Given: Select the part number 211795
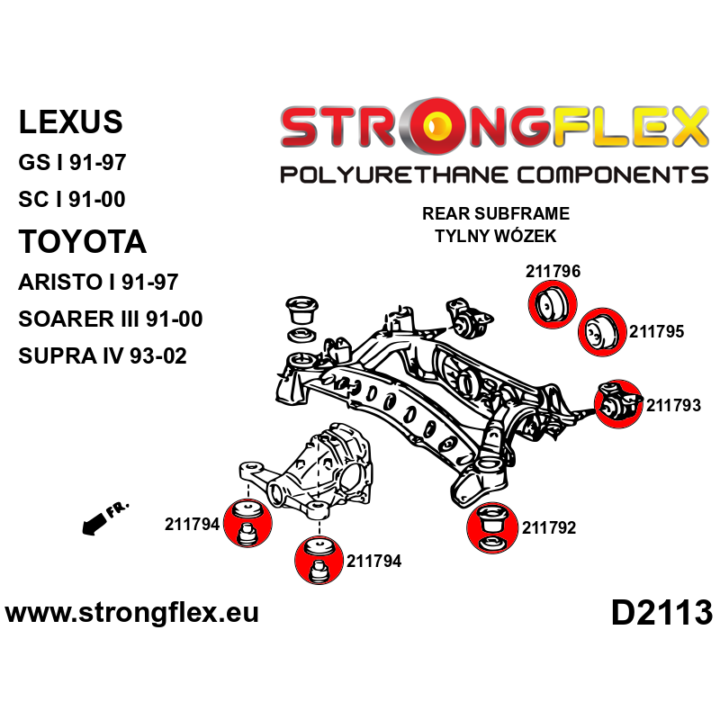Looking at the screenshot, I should [656, 331].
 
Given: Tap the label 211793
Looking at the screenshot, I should [673, 406].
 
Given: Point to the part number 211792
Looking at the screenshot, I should [548, 528].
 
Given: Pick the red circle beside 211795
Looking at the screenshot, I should [599, 332].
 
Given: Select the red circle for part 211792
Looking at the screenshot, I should [492, 528].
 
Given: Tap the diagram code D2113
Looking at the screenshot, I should [661, 614].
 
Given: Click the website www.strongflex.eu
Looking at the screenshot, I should [132, 614].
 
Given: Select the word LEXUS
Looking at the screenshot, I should [70, 121].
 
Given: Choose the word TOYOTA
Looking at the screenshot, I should [82, 241].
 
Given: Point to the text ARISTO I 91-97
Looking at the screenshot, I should [98, 282].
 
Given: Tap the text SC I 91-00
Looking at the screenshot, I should [71, 199].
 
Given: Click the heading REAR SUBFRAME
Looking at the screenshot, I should [495, 214].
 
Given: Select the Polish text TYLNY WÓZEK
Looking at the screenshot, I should [495, 236].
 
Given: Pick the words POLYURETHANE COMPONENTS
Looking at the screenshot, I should [494, 175].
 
